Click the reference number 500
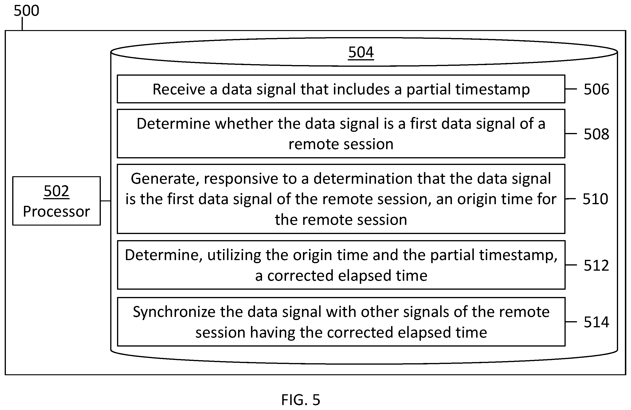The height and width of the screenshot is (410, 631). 27,11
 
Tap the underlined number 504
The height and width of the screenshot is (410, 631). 361,52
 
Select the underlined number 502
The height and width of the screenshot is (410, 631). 56,191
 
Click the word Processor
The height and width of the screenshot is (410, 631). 56,211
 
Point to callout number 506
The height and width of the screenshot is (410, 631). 596,89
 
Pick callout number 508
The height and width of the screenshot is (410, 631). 596,134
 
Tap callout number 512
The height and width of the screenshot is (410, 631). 596,265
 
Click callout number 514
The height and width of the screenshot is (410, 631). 596,322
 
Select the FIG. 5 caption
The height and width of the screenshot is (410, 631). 301,400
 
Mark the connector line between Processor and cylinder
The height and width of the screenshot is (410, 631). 106,201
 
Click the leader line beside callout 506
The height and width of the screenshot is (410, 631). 571,89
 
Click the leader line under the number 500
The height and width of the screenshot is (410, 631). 22,24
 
